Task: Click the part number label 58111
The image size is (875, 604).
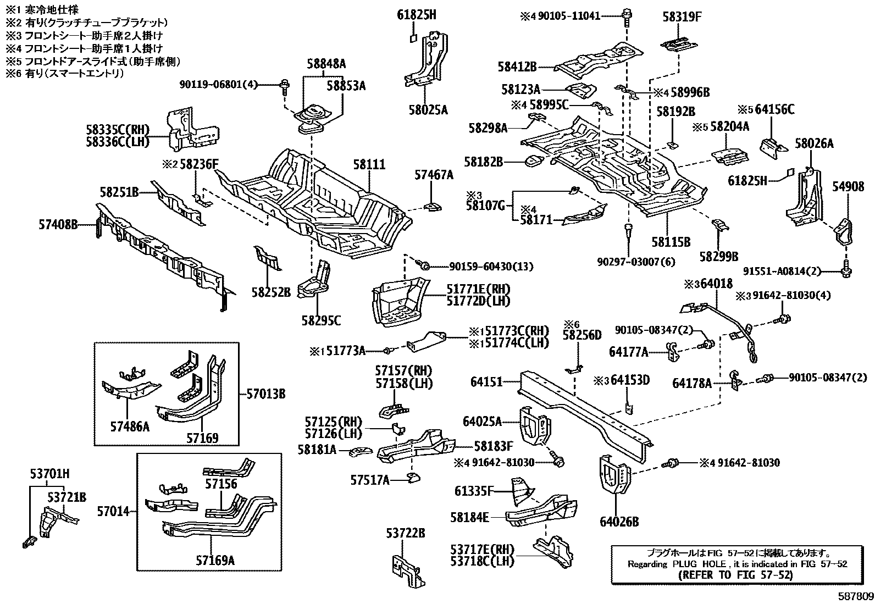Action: [x=369, y=164]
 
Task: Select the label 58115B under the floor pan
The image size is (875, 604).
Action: [x=671, y=241]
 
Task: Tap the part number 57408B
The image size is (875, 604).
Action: [x=58, y=224]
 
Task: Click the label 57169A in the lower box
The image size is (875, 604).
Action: [x=215, y=561]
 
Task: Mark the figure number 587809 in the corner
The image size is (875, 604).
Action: [x=855, y=596]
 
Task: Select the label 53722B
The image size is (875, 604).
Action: [x=405, y=534]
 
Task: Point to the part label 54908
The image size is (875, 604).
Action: [x=848, y=187]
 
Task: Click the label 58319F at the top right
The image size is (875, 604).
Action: [x=682, y=16]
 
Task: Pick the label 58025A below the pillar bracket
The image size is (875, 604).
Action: [x=428, y=110]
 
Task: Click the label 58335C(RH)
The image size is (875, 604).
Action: [x=117, y=130]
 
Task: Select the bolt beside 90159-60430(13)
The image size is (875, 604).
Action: [x=424, y=265]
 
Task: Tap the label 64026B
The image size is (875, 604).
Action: [x=619, y=522]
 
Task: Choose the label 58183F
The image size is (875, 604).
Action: [x=493, y=447]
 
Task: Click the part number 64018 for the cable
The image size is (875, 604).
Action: [x=717, y=284]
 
